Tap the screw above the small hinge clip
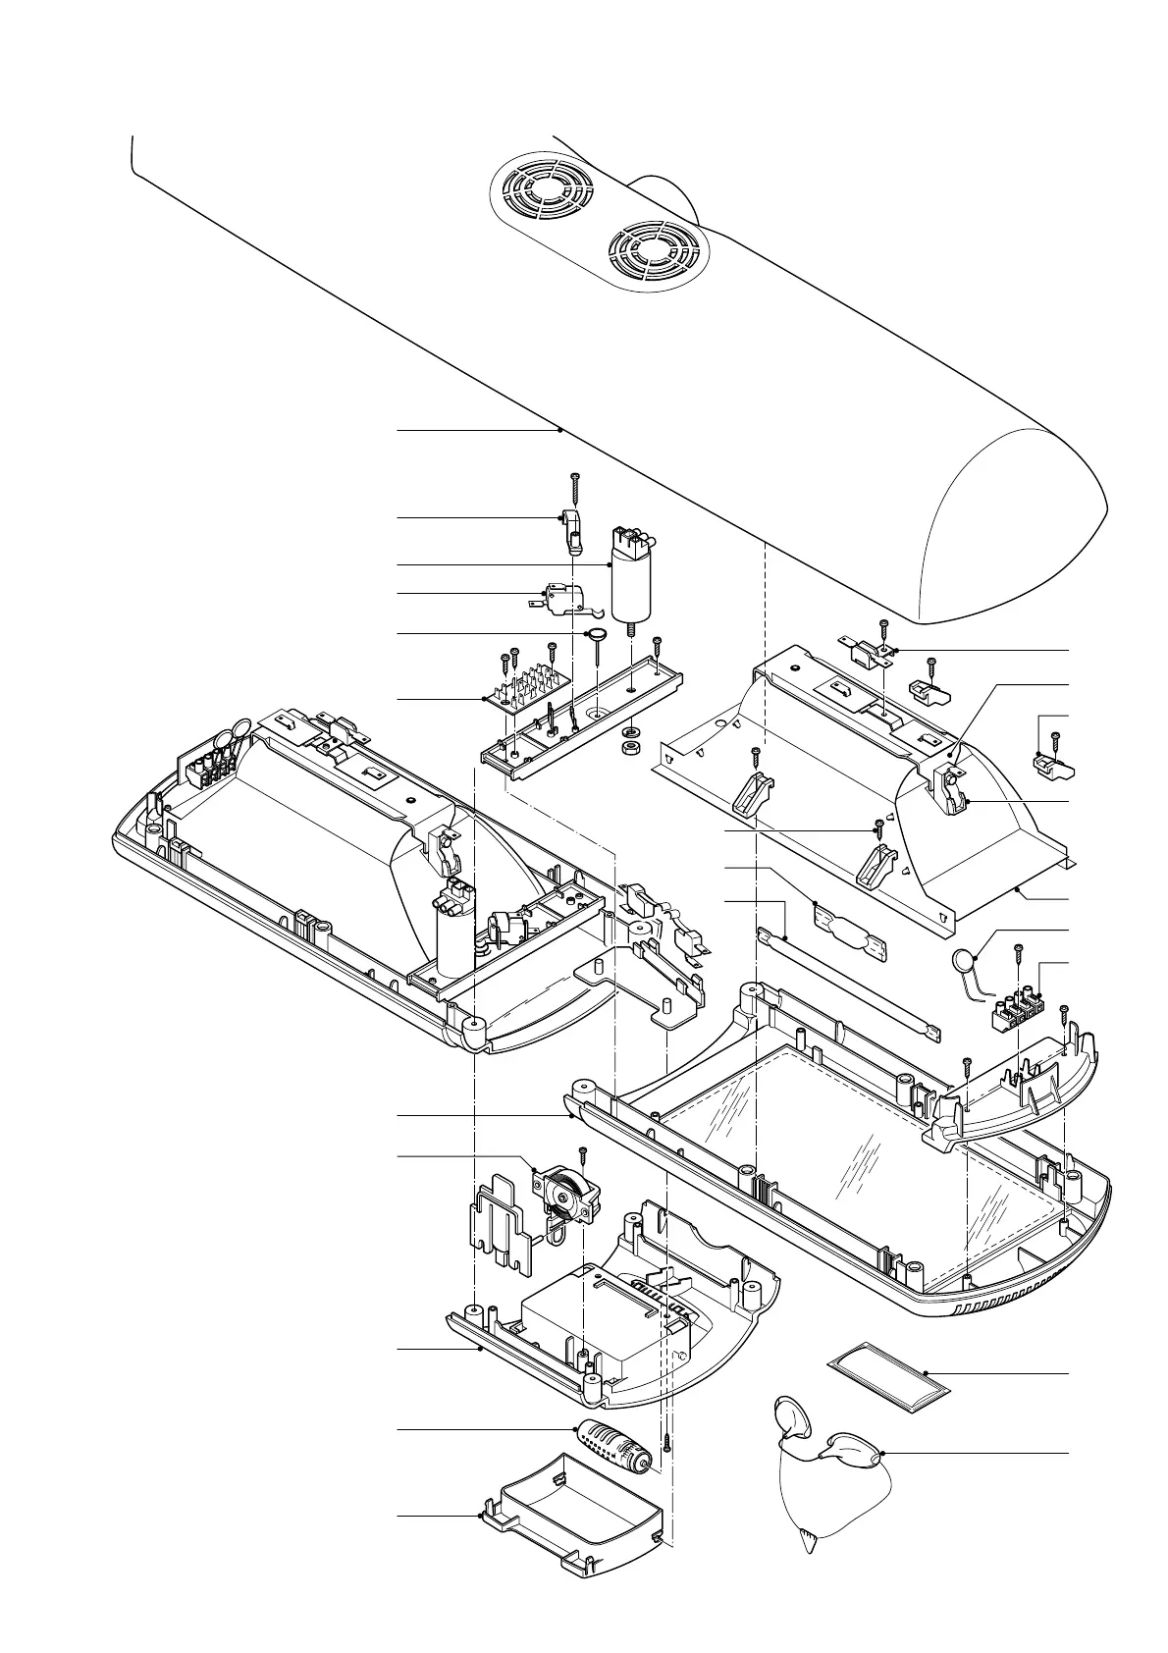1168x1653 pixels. coord(574,486)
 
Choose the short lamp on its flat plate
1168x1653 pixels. coord(849,927)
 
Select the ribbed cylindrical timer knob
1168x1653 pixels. coord(614,1444)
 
